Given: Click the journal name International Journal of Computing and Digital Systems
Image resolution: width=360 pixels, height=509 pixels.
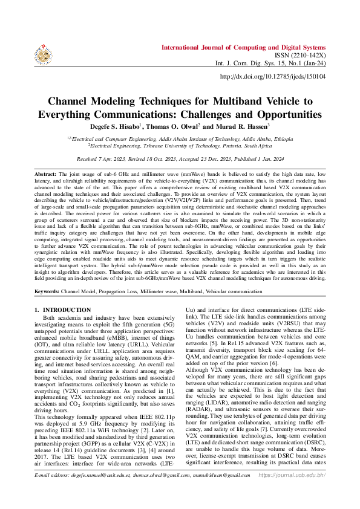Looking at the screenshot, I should point(243,47).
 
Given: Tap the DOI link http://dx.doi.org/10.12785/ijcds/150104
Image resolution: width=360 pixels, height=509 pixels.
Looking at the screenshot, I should point(272,77).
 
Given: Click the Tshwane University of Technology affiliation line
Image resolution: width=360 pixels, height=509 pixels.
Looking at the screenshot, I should point(180,145).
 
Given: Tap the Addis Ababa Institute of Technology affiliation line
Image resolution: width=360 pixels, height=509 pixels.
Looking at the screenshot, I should point(180,138).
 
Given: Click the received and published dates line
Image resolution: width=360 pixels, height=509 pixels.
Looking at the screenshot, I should point(180,158).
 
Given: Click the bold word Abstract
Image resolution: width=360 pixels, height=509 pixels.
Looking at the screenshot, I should point(45,173).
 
